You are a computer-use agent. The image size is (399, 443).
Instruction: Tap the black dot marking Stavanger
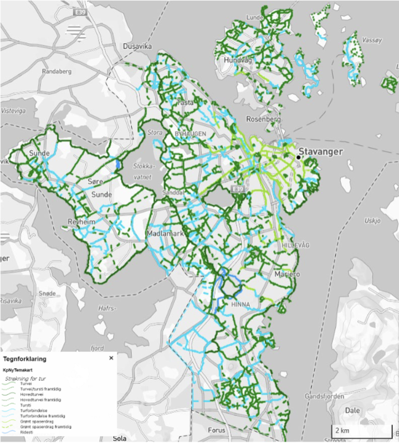coord(298,157)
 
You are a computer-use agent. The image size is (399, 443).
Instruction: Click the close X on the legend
coord(111,358)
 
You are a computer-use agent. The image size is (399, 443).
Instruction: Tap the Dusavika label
coord(137,47)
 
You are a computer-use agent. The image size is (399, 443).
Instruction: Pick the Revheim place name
coord(81,221)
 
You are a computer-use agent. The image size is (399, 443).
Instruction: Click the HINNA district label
coord(240,304)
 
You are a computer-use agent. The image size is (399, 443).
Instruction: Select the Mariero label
coord(287,274)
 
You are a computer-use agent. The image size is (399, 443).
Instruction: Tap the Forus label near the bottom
coord(217,430)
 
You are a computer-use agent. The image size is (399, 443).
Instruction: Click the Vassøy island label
coord(372,40)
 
